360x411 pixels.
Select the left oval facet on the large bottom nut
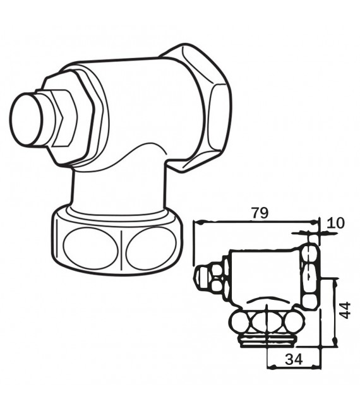tap(89, 248)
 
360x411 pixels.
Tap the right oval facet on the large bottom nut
tap(149, 248)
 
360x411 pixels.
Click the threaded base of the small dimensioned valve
tap(266, 342)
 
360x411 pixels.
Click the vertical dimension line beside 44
tap(333, 313)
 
